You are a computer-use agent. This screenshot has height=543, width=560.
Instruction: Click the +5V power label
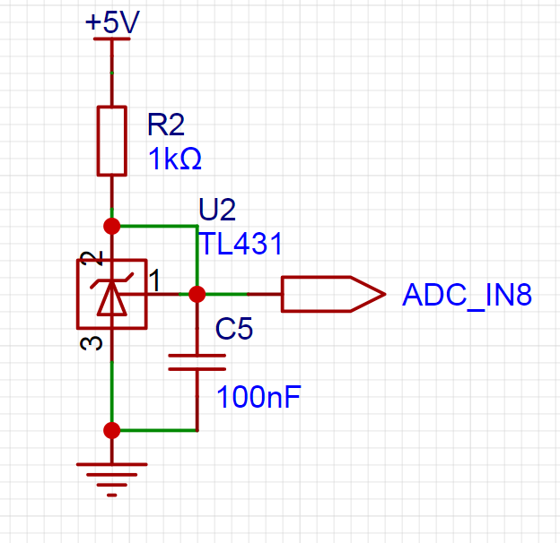(112, 22)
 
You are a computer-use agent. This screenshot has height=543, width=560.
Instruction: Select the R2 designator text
(166, 125)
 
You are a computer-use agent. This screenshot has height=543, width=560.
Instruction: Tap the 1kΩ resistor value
(175, 159)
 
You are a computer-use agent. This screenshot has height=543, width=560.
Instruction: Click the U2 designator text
(217, 210)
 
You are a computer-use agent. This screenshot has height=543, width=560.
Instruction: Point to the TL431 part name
(241, 244)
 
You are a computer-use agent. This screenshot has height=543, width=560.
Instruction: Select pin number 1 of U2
(154, 280)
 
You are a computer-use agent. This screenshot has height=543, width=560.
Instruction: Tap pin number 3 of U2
(92, 343)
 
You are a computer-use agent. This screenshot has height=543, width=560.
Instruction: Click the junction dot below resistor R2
(112, 226)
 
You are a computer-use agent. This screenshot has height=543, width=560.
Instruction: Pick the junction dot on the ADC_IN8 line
(197, 294)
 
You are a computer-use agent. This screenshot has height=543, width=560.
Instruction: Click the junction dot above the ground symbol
(112, 430)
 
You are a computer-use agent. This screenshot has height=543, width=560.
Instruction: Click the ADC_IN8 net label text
(468, 295)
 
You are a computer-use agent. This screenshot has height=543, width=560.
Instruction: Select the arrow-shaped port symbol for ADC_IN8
(334, 294)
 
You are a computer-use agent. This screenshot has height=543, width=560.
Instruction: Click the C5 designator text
(234, 328)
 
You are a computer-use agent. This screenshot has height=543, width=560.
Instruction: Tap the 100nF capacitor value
(259, 397)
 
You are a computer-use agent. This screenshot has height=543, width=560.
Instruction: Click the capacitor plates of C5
(197, 362)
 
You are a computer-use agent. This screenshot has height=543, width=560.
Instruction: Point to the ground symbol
(112, 480)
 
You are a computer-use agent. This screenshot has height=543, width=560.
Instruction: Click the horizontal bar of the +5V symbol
(112, 39)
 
